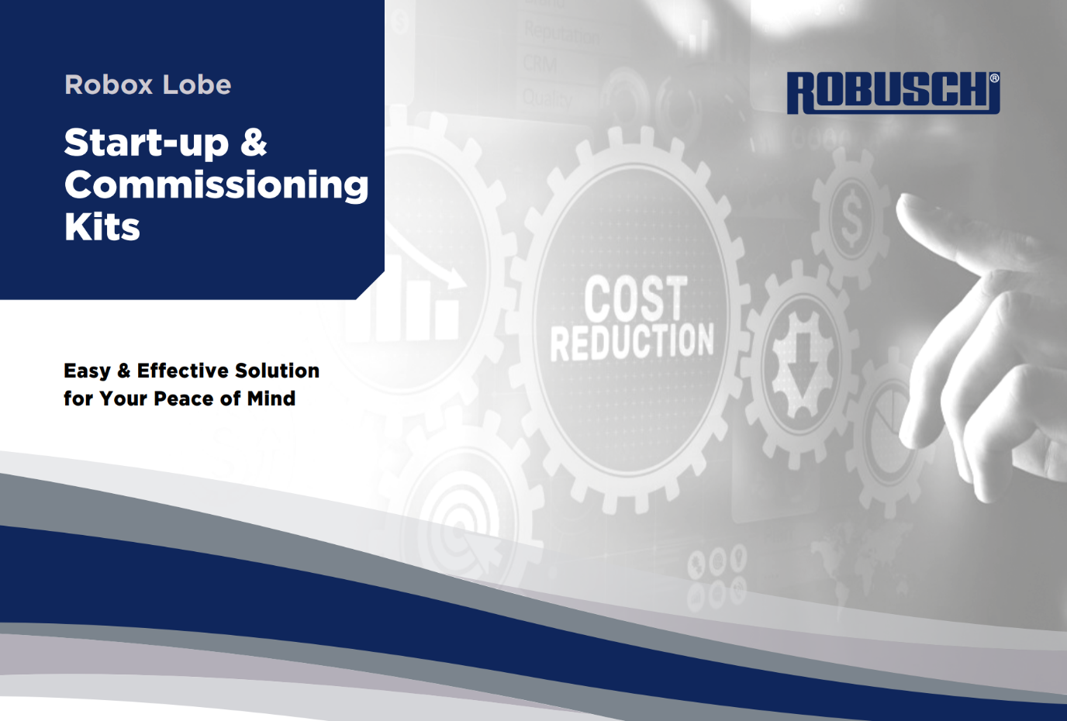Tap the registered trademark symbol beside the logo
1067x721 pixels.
pyautogui.click(x=994, y=78)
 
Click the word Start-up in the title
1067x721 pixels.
pyautogui.click(x=147, y=143)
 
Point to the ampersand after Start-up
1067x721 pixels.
pyautogui.click(x=254, y=143)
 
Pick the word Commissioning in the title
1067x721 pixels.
pyautogui.click(x=216, y=186)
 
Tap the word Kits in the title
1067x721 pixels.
pyautogui.click(x=102, y=228)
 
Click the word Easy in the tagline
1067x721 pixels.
pyautogui.click(x=87, y=371)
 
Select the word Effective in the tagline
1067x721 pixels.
pyautogui.click(x=181, y=371)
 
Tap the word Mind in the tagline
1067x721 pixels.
pyautogui.click(x=271, y=398)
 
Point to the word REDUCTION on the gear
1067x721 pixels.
pyautogui.click(x=632, y=342)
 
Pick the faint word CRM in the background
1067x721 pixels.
pyautogui.click(x=540, y=64)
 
